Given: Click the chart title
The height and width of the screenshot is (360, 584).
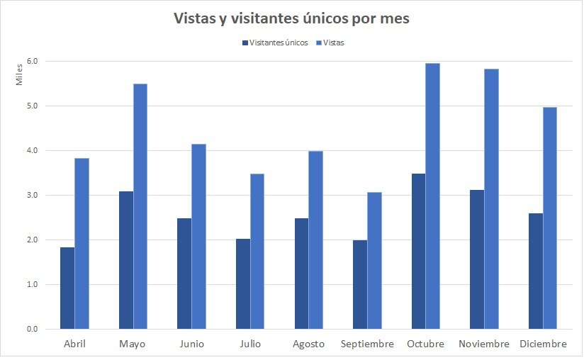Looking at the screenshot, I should pos(291,19).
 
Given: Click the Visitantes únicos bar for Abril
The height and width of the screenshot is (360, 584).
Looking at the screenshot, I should pos(67,288).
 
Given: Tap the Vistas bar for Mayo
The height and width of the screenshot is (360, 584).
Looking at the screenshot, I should pos(140,206).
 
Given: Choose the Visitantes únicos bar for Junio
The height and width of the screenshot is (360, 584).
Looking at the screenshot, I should pos(184,274).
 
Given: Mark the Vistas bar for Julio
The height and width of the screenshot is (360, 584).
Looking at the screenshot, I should pos(257,251).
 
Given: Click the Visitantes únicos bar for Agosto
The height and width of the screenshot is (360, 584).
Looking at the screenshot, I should pos(301,274).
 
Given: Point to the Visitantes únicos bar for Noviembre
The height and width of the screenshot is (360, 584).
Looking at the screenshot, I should pos(476,259).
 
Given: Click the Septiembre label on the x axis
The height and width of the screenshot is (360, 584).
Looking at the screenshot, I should pos(367,344).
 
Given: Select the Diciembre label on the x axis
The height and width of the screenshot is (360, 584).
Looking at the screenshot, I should pos(543,344).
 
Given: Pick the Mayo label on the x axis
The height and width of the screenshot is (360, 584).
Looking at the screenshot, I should pos(133,344).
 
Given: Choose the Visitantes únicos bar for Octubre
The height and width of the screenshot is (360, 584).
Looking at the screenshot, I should pos(418,251).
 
